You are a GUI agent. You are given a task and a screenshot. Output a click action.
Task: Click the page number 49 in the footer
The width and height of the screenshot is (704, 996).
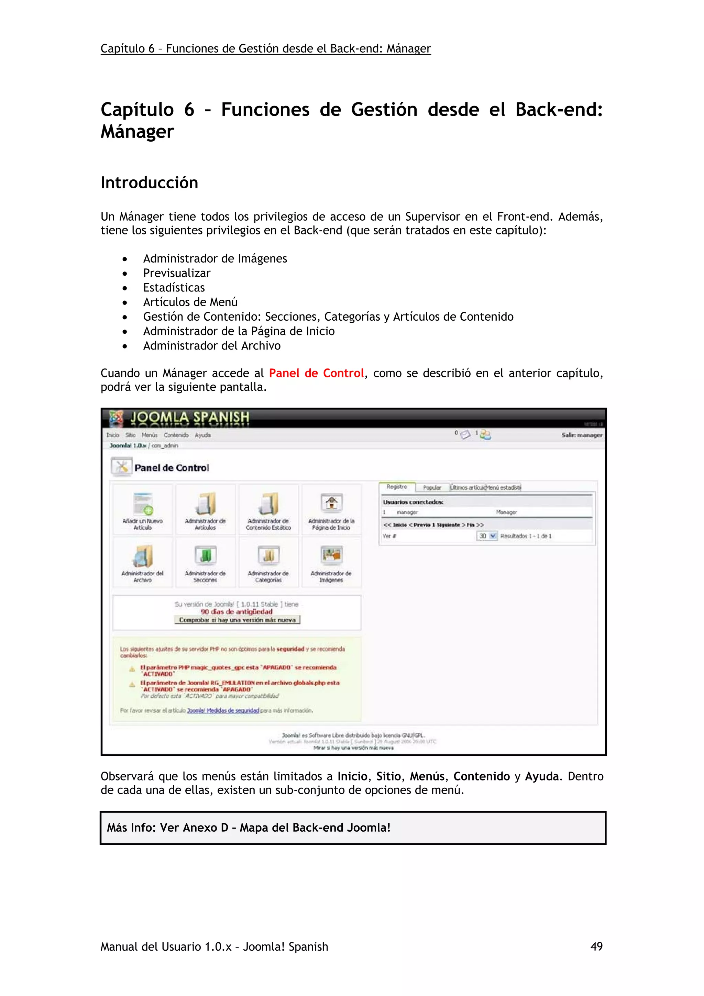596,946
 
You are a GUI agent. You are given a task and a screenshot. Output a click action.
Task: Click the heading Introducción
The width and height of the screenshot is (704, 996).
149,182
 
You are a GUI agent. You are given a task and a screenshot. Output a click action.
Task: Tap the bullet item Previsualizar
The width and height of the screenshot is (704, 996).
177,273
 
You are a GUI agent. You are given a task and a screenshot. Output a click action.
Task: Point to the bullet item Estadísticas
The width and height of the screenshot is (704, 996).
174,288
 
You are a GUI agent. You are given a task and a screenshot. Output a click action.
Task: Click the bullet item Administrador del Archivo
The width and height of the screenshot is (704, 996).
212,346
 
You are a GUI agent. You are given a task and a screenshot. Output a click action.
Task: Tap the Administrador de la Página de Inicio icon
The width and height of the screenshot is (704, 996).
331,505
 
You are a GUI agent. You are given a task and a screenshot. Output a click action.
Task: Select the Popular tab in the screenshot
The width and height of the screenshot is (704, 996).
432,488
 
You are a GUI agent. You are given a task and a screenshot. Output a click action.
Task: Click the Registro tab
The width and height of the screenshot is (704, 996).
396,487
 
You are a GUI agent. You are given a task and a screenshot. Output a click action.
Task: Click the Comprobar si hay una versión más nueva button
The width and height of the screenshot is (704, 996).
237,620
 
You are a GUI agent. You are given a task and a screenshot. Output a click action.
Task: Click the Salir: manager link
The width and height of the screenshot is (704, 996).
581,435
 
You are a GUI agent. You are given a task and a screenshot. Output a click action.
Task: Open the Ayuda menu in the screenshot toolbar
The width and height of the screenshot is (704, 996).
202,435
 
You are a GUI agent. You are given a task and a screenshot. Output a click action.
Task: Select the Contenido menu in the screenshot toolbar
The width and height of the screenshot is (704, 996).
176,435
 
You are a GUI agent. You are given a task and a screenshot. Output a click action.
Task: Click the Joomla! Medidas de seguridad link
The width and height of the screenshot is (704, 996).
223,710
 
